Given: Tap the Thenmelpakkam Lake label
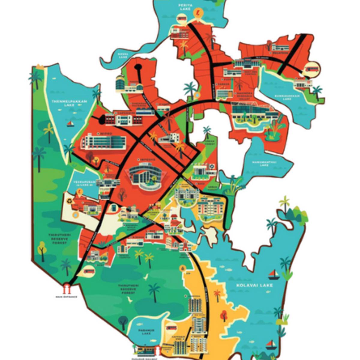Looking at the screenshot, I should [69, 103].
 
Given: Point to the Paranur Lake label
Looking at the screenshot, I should [146, 331].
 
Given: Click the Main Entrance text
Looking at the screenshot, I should [66, 297].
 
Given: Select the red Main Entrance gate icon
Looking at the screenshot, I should [67, 289].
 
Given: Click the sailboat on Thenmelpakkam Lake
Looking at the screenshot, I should [70, 124].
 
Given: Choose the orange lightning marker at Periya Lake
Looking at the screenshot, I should [198, 13].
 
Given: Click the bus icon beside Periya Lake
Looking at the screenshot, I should [181, 19].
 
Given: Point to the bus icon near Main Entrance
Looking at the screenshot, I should [88, 271].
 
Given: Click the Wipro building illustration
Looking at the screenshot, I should [103, 142].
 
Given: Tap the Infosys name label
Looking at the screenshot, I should [146, 160].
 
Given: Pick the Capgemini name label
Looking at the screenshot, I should [124, 113].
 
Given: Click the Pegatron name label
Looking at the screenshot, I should [282, 53].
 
